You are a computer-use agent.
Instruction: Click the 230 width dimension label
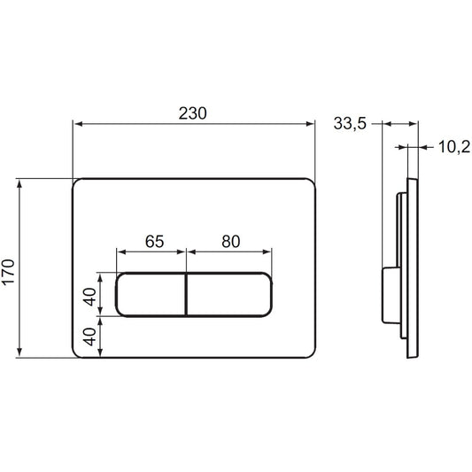pyautogui.click(x=193, y=113)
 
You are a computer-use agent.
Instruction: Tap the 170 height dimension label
pyautogui.click(x=8, y=272)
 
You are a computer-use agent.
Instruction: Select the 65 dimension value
pyautogui.click(x=154, y=241)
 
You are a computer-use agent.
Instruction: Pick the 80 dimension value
pyautogui.click(x=231, y=241)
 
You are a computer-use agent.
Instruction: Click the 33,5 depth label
pyautogui.click(x=350, y=123)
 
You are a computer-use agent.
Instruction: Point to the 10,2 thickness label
pyautogui.click(x=454, y=147)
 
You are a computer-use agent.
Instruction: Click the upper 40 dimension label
pyautogui.click(x=90, y=297)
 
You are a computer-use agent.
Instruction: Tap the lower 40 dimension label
pyautogui.click(x=90, y=337)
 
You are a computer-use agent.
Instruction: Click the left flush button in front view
pyautogui.click(x=151, y=294)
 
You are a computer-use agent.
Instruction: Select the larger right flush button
pyautogui.click(x=229, y=294)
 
